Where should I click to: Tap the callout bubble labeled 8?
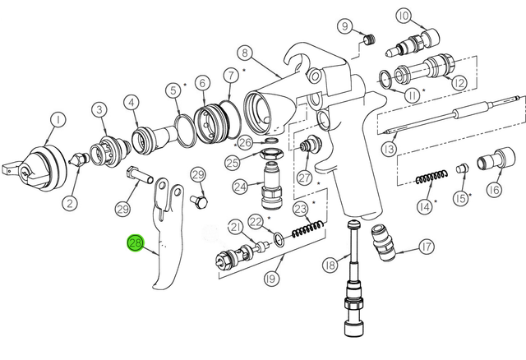244,53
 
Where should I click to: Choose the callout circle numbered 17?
426,247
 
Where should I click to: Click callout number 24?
239,187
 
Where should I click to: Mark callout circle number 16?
494,191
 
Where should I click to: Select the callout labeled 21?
235,227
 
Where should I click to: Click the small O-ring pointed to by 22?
279,241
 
